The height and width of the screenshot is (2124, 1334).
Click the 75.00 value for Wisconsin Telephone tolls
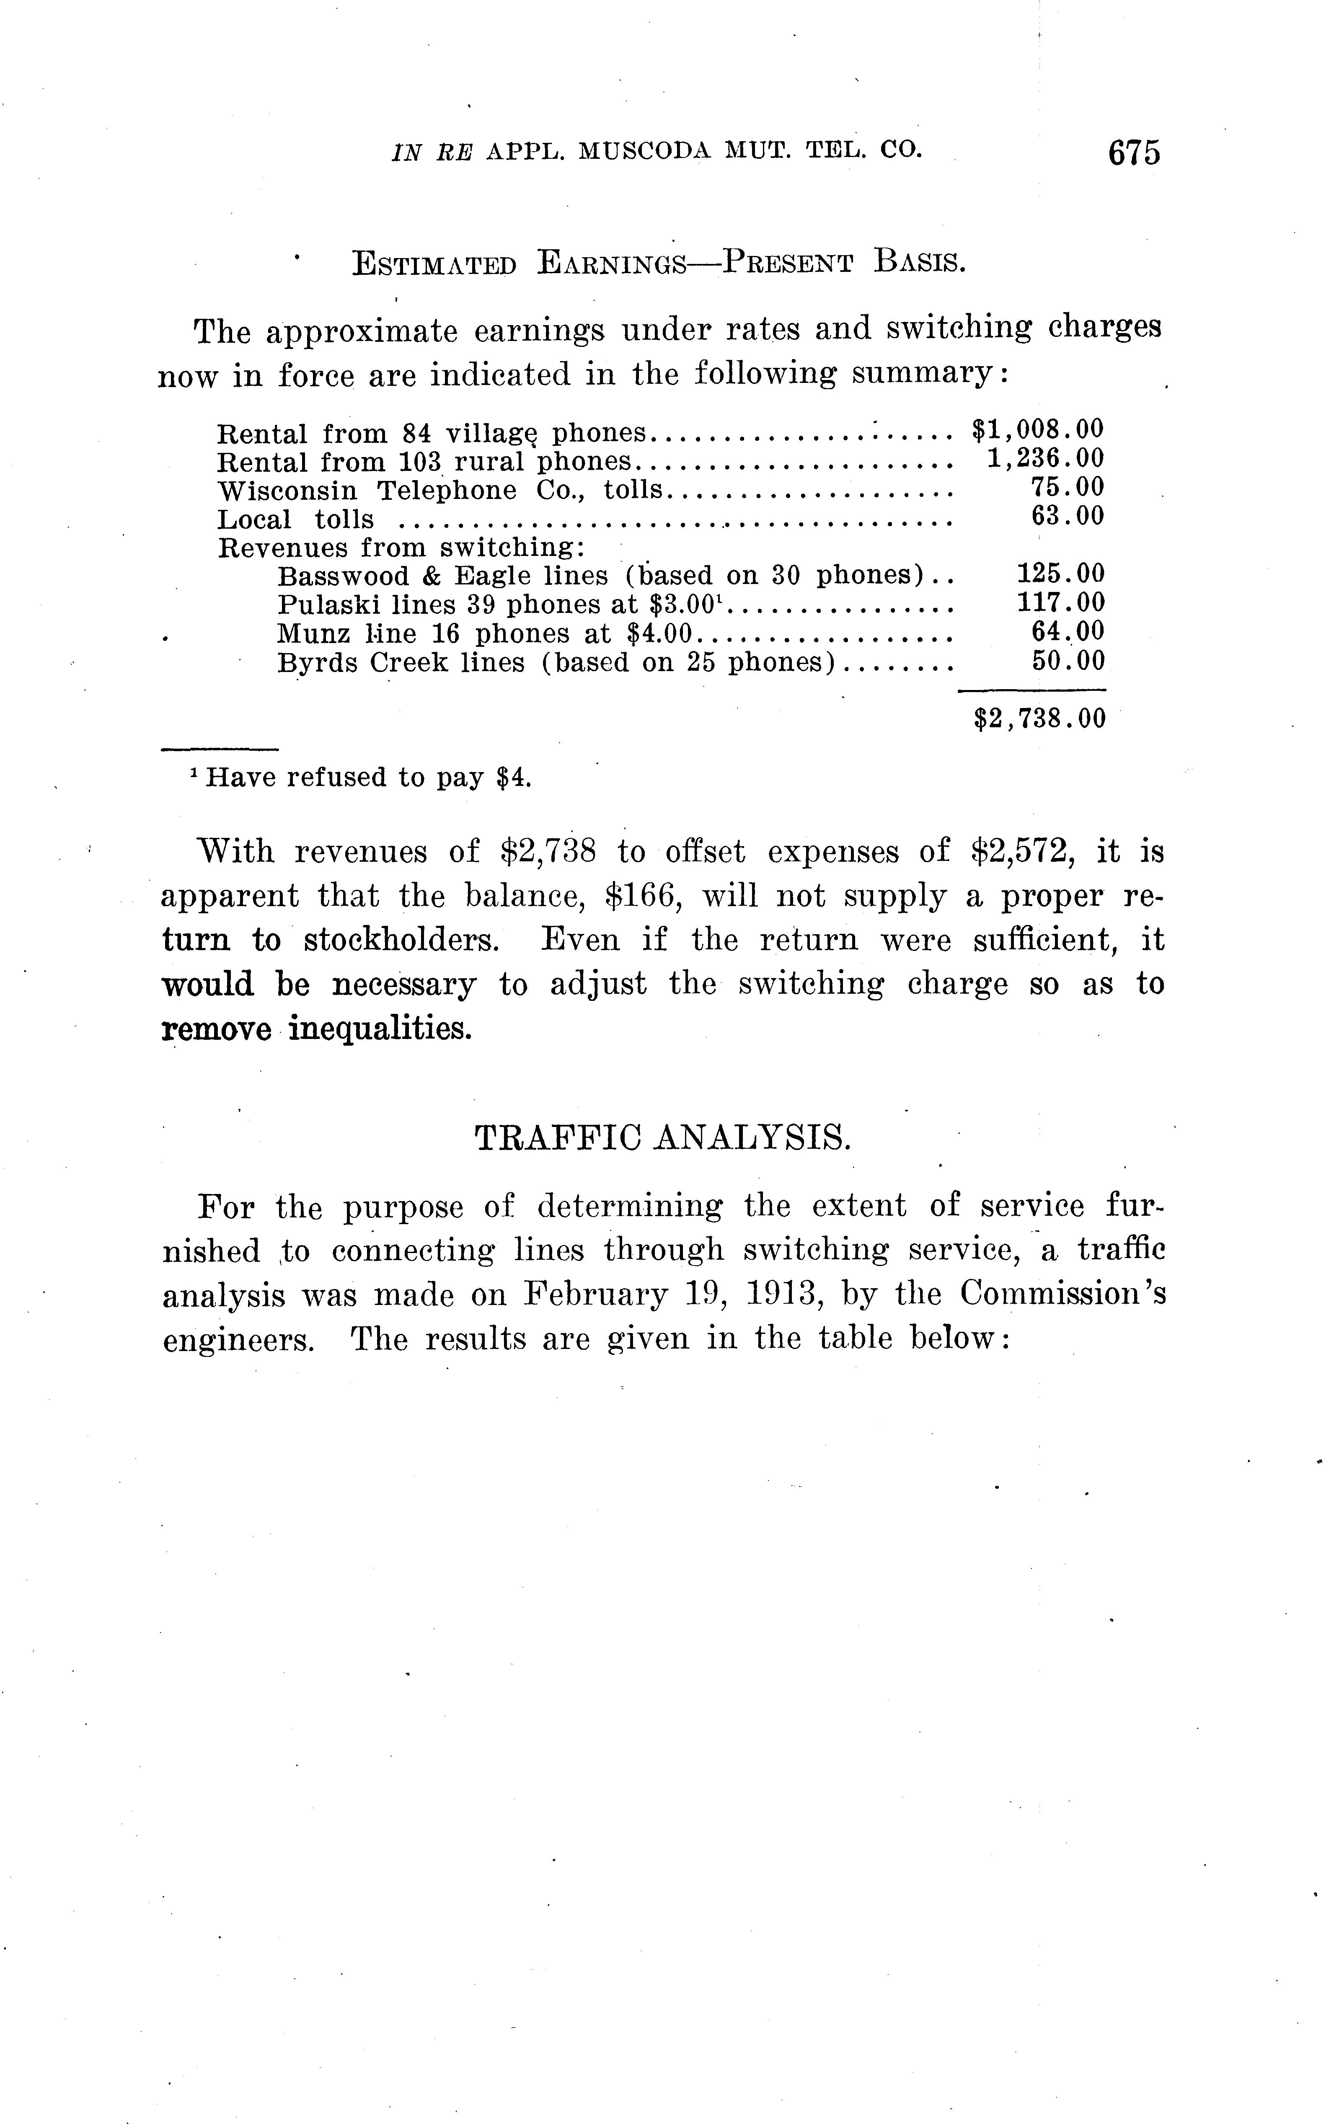click(1068, 487)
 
